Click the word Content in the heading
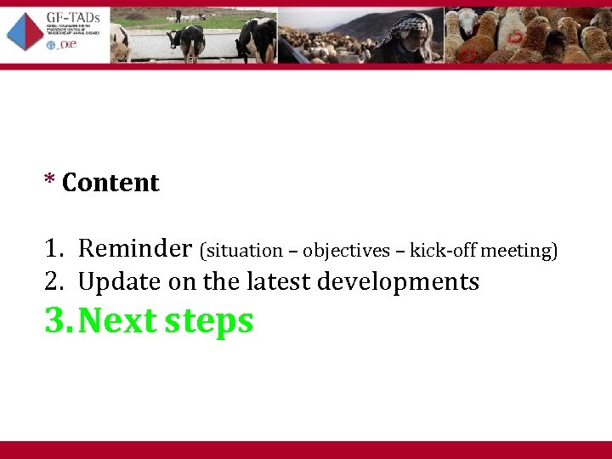point(110,183)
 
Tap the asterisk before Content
point(50,181)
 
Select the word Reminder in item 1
point(135,248)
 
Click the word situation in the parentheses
point(243,251)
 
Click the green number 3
point(55,321)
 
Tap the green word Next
point(118,321)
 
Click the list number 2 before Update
point(53,281)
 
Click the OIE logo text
point(66,45)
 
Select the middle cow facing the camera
point(186,38)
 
